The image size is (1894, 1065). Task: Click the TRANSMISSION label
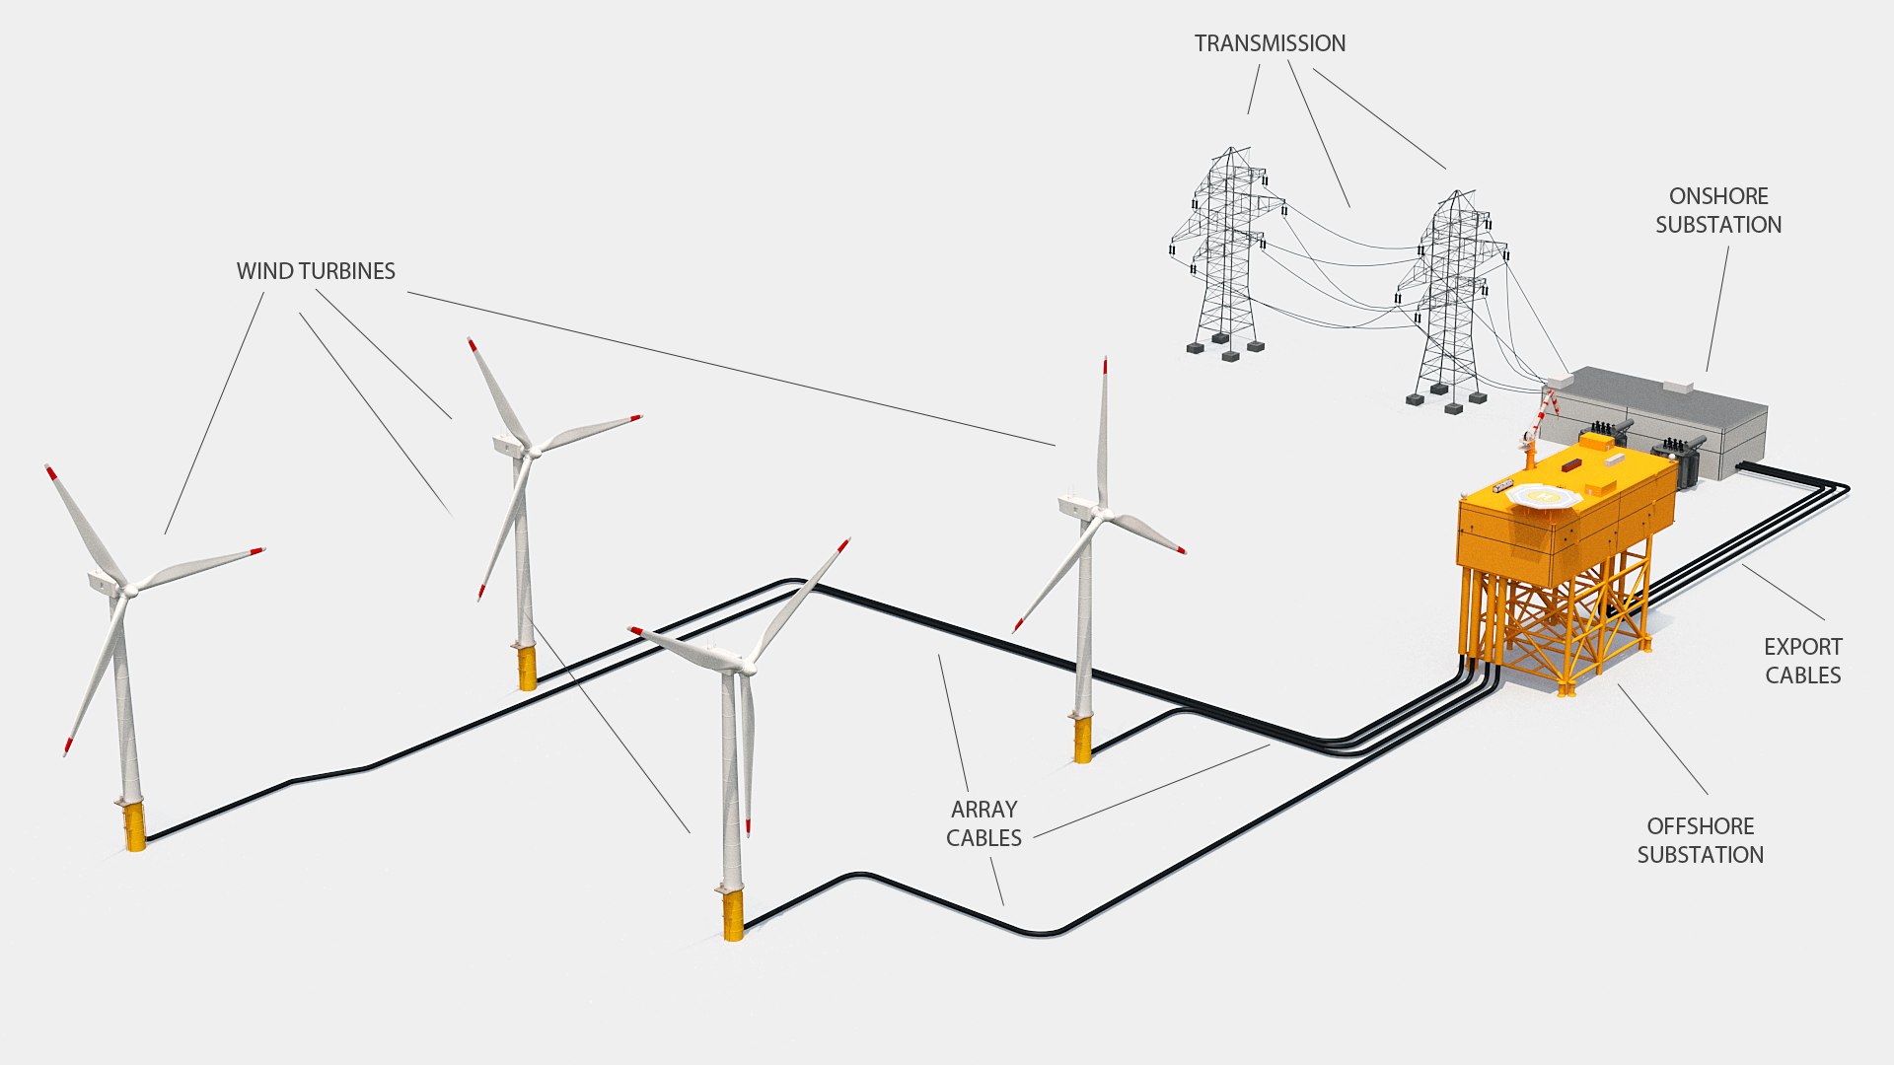[x=1270, y=43]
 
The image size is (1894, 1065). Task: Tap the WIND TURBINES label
[x=316, y=271]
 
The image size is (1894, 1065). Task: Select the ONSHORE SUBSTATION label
[x=1718, y=210]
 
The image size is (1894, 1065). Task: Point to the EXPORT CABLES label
[x=1802, y=661]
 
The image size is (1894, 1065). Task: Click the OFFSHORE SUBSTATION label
[x=1700, y=840]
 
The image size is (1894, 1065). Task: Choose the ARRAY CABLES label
[x=983, y=823]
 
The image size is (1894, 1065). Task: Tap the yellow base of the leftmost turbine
[x=134, y=826]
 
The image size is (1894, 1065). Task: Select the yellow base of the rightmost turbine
[x=1082, y=740]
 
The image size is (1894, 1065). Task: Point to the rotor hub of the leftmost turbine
[x=129, y=590]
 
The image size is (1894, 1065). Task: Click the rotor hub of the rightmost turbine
[x=1104, y=514]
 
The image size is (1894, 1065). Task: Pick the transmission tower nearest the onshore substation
[x=1450, y=296]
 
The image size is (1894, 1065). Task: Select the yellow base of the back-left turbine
[x=527, y=668]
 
